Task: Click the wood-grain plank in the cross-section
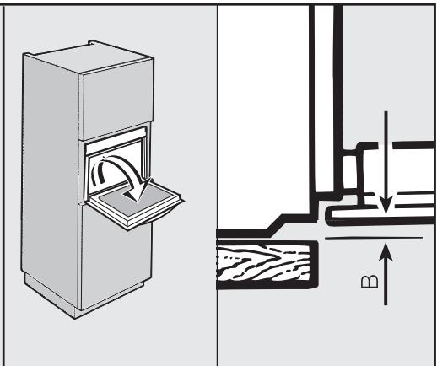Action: coord(267,264)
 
